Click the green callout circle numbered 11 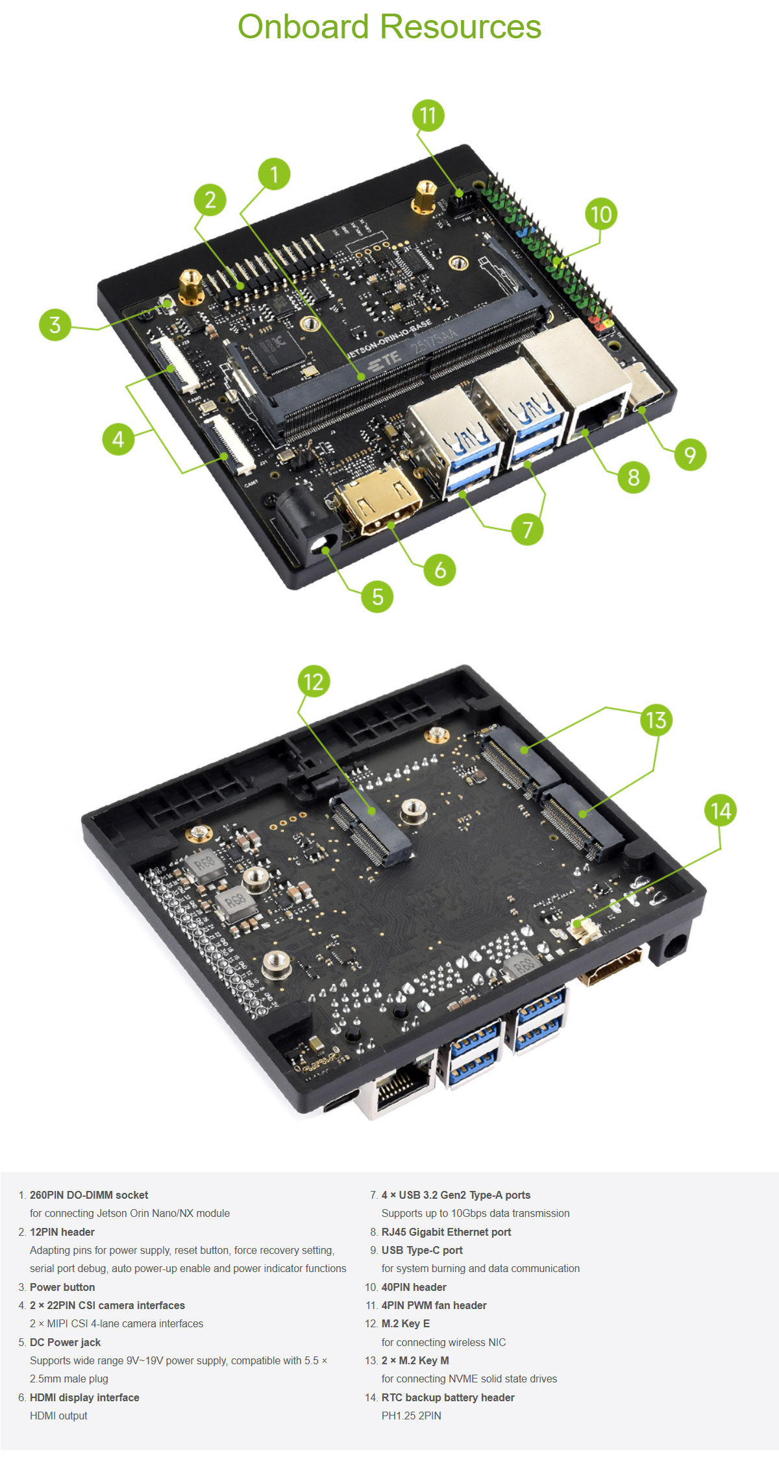pos(428,116)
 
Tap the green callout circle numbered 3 pos(55,325)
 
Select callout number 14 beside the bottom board pos(721,810)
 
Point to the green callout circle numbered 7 pos(527,529)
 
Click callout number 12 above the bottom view pos(314,681)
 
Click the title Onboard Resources pos(389,27)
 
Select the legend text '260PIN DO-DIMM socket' pos(89,1195)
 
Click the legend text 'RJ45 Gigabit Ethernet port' pos(446,1232)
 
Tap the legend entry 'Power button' pos(62,1287)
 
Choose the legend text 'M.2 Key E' pos(406,1323)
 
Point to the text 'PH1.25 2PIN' pos(411,1416)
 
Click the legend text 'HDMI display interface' pos(84,1397)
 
